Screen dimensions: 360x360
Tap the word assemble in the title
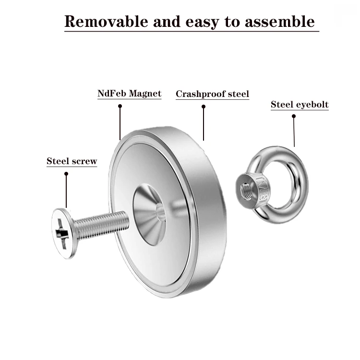click(280, 21)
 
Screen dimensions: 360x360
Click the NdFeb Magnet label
click(129, 93)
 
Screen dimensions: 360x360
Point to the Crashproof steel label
click(212, 94)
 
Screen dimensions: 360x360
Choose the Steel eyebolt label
click(300, 105)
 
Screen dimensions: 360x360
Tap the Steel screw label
click(72, 161)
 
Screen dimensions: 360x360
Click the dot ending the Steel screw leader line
click(66, 174)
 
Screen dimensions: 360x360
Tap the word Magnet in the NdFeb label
click(145, 93)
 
